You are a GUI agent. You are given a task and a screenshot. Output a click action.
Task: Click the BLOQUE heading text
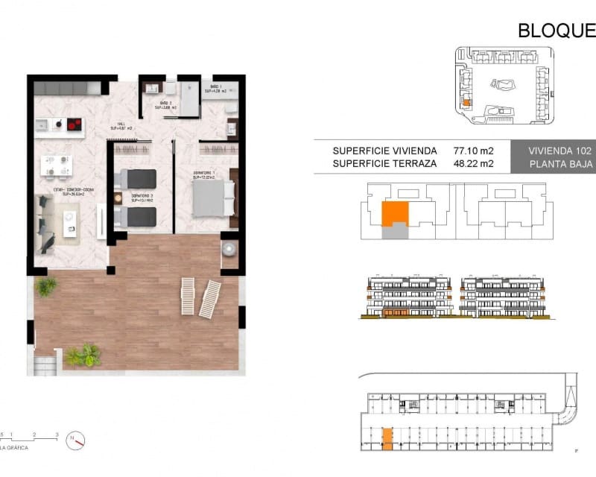click(x=557, y=31)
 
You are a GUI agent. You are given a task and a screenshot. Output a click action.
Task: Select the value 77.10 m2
click(x=473, y=150)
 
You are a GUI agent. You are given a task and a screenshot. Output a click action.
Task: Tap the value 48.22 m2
click(x=473, y=163)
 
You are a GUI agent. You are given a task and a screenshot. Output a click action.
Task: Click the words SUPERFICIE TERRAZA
click(x=384, y=163)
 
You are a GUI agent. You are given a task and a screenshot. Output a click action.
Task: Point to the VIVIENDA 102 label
click(x=561, y=150)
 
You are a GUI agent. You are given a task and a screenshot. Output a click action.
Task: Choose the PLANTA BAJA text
click(x=561, y=164)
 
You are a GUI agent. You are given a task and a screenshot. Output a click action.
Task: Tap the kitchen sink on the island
click(x=43, y=124)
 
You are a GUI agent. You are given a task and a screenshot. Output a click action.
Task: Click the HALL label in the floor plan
click(x=120, y=126)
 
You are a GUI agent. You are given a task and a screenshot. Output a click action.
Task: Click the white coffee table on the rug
click(x=72, y=218)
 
